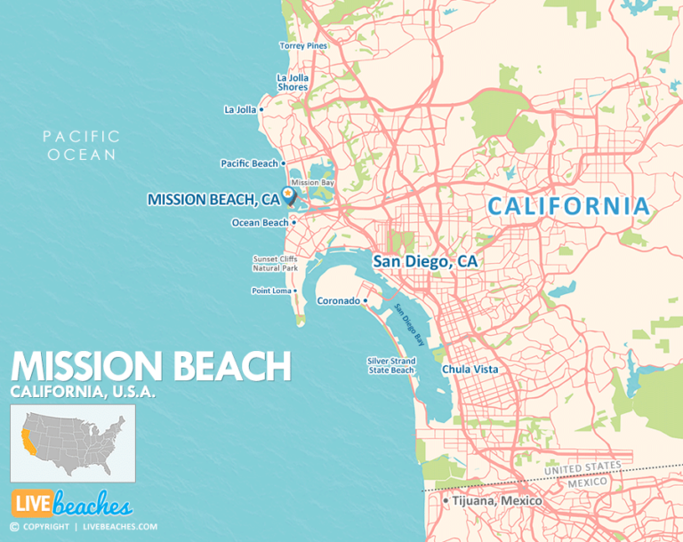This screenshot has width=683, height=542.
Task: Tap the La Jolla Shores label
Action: (x=292, y=82)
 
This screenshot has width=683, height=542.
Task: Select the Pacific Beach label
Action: (x=249, y=163)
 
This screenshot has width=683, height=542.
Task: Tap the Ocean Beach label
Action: (x=260, y=223)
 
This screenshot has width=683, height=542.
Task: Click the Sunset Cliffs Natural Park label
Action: (x=275, y=263)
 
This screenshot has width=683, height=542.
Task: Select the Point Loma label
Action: (x=272, y=291)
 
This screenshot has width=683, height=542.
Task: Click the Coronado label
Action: (x=338, y=301)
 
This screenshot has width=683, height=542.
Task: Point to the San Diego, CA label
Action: (x=424, y=261)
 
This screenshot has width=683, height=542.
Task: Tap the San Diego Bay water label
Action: (x=408, y=323)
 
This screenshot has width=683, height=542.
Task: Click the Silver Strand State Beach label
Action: (x=391, y=365)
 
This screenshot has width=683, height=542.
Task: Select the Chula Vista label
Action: (x=470, y=369)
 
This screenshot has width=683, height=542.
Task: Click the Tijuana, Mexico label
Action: (x=496, y=501)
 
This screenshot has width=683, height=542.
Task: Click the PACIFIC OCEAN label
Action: (x=81, y=145)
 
